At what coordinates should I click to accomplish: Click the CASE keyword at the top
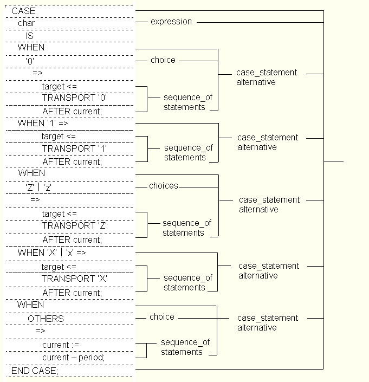[23, 11]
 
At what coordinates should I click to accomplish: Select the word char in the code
[26, 23]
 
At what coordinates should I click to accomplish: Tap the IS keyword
[30, 36]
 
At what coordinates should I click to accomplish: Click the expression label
[171, 22]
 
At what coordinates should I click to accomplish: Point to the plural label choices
[164, 186]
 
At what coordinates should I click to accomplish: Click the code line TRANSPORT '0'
[74, 98]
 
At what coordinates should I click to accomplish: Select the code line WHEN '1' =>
[43, 123]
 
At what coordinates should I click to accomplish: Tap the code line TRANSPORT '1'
[75, 148]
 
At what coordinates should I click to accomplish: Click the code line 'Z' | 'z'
[38, 187]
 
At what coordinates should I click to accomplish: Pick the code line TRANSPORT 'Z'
[75, 225]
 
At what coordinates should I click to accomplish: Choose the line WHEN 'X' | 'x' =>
[51, 252]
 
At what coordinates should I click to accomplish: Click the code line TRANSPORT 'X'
[75, 279]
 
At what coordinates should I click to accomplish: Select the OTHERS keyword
[46, 319]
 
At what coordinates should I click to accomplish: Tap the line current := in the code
[61, 345]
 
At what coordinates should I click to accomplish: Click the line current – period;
[73, 358]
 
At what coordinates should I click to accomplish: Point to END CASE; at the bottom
[34, 370]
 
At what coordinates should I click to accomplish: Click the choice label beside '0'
[163, 60]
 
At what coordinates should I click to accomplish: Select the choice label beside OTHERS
[162, 317]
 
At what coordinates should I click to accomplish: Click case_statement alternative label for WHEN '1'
[267, 143]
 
